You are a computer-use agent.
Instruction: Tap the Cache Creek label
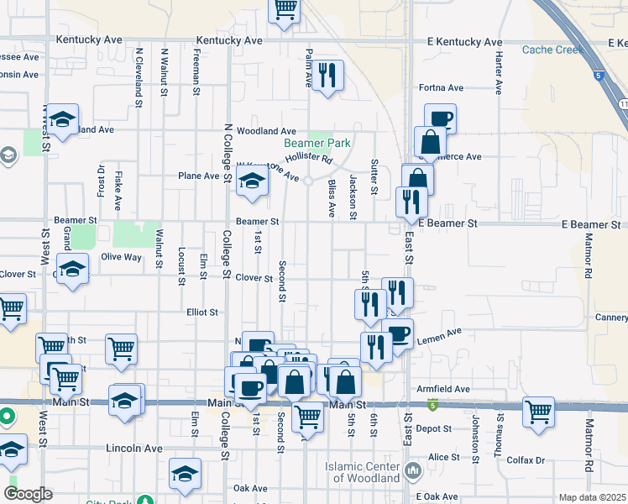pyautogui.click(x=552, y=50)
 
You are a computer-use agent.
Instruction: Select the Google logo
pyautogui.click(x=28, y=494)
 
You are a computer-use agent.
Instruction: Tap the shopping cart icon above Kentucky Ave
pyautogui.click(x=285, y=9)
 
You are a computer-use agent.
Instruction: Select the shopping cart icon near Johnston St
pyautogui.click(x=538, y=412)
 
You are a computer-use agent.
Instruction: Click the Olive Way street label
pyautogui.click(x=121, y=257)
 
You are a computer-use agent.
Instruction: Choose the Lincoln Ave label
pyautogui.click(x=134, y=449)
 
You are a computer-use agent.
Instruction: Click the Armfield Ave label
pyautogui.click(x=442, y=390)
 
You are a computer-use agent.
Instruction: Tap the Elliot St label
pyautogui.click(x=202, y=312)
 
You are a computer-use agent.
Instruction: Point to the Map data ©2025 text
pyautogui.click(x=592, y=497)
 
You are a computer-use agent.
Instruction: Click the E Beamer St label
pyautogui.click(x=447, y=224)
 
